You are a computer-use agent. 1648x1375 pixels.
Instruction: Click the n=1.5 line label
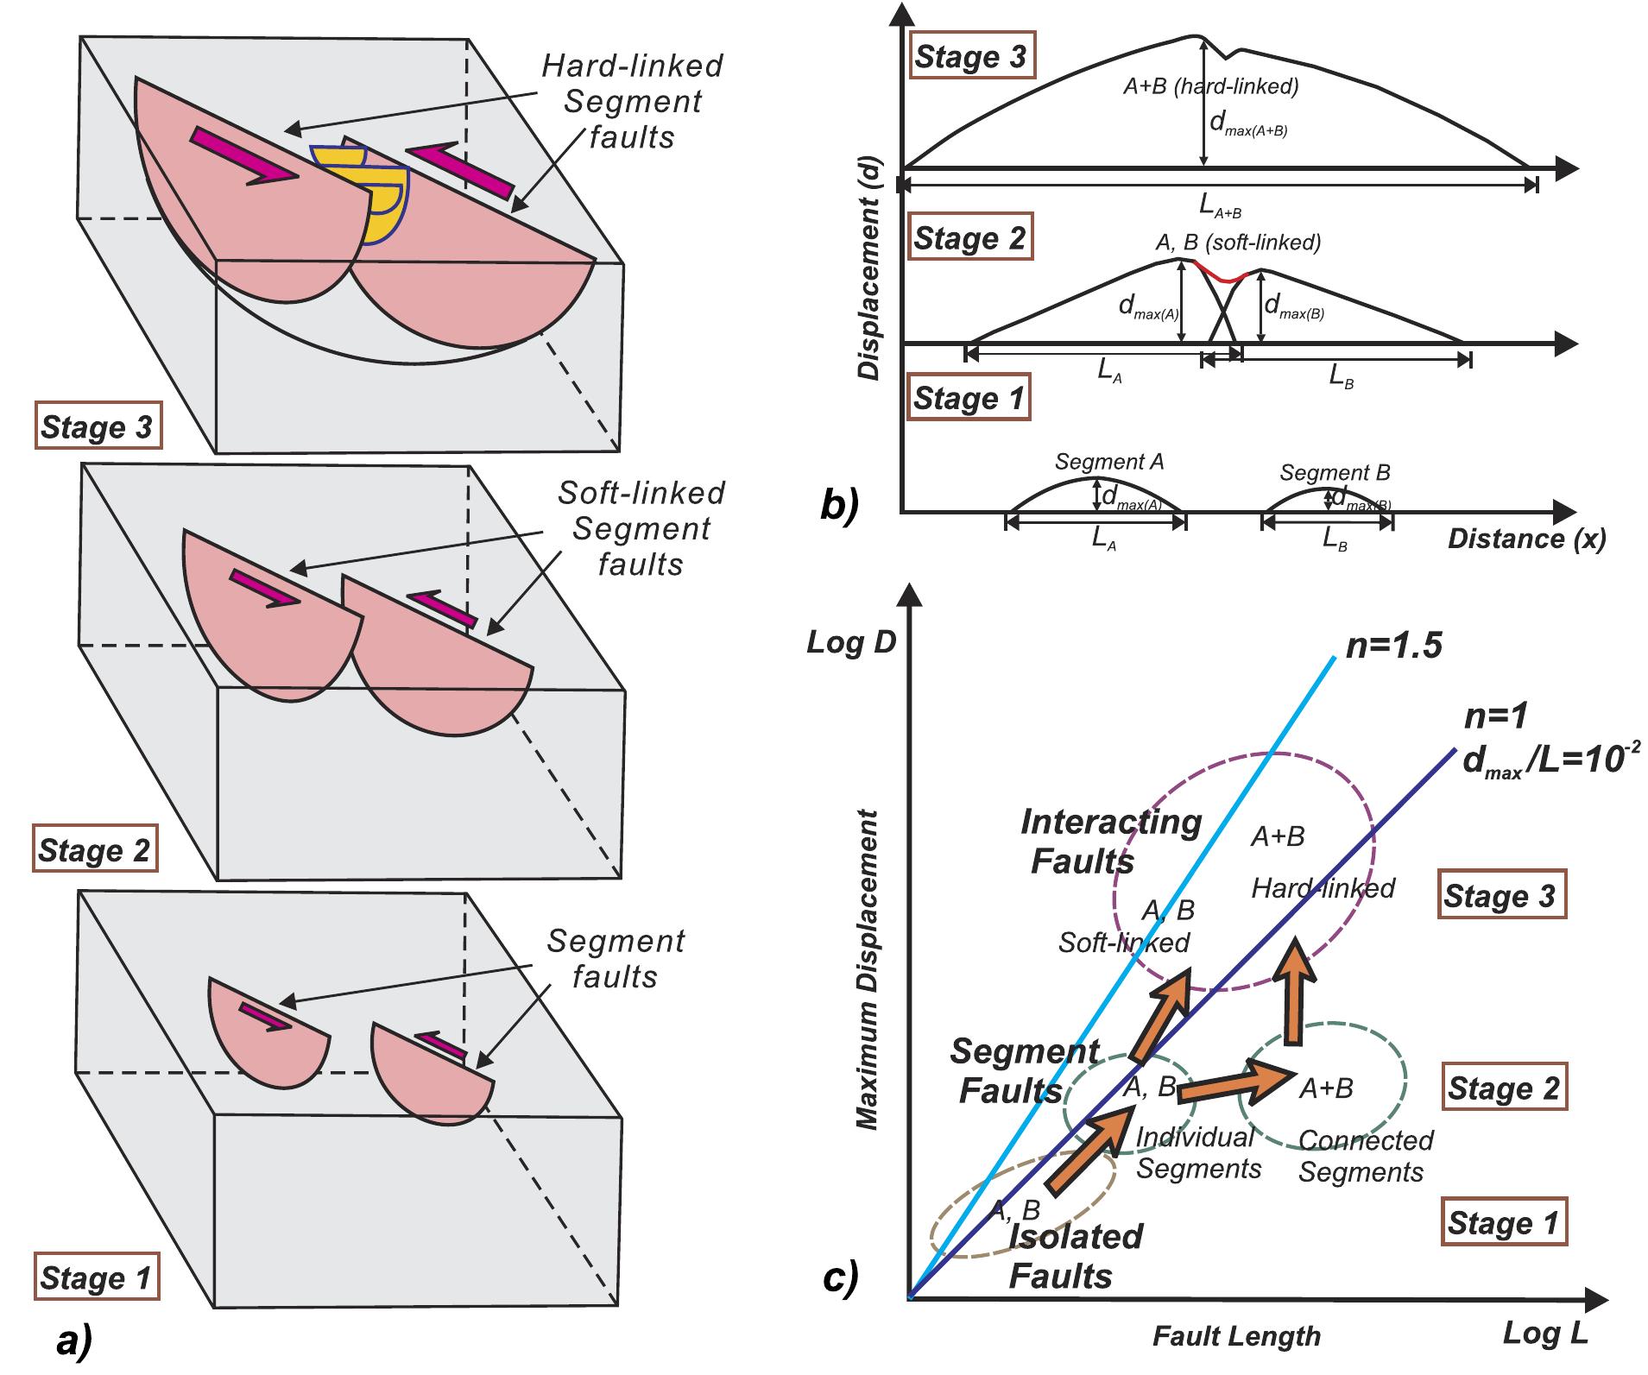coord(1393,646)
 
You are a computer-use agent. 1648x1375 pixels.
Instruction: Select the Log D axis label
coord(849,643)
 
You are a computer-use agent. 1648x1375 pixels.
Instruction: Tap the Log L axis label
coord(1544,1333)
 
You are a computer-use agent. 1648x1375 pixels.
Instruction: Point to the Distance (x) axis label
coord(1526,539)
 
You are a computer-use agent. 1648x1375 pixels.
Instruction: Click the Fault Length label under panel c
coord(1236,1336)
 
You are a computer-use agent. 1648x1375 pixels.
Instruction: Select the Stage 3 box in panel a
coord(98,426)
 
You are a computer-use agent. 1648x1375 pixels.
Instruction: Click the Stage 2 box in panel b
coord(969,238)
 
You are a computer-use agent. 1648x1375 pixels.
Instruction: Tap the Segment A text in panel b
coord(1109,462)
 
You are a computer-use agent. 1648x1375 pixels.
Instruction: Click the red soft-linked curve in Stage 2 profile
coord(1221,274)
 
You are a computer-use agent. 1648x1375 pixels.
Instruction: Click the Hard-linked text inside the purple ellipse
coord(1323,888)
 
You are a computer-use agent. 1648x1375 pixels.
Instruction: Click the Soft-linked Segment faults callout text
coord(641,528)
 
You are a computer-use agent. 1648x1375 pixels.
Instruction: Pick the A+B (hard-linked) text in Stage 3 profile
coord(1210,86)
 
